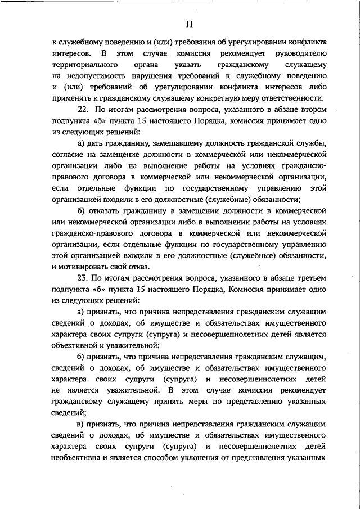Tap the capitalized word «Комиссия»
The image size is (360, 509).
click(x=246, y=289)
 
